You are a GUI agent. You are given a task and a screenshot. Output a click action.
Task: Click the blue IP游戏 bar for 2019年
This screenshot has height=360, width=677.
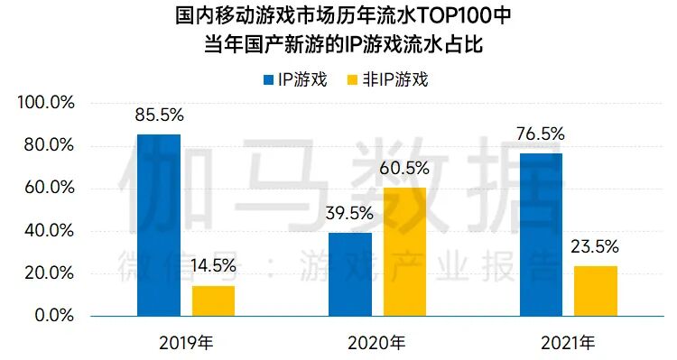pos(159,225)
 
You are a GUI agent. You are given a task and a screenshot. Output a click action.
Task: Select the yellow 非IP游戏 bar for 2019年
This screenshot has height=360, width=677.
pos(213,300)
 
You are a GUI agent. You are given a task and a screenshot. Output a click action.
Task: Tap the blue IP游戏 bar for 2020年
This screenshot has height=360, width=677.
pos(350,274)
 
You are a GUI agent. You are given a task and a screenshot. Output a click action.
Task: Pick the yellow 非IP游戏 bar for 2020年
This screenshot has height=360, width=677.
pos(404,252)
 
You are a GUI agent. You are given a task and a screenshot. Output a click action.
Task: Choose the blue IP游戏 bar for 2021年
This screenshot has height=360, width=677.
pos(542,235)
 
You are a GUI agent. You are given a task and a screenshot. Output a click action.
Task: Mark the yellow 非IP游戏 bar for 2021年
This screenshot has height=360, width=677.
pos(596,291)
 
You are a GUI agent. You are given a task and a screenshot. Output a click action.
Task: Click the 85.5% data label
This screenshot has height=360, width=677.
pos(159,115)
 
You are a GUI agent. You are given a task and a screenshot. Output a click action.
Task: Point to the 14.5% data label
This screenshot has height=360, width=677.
pos(213,266)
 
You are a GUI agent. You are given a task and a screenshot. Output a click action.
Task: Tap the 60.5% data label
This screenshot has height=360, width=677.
pos(404,169)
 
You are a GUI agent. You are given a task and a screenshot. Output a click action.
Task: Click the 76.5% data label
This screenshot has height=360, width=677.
pos(542,134)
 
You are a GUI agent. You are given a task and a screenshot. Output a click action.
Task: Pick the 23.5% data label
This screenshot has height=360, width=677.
pos(596,246)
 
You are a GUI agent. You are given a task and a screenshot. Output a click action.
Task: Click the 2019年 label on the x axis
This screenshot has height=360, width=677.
pos(186,343)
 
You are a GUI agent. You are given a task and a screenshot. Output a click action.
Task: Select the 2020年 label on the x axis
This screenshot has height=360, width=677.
pos(377,343)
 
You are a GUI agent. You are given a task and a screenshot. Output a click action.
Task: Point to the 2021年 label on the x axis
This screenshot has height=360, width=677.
pos(569,343)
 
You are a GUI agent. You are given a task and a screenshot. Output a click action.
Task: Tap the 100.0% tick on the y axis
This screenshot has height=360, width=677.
pos(45,103)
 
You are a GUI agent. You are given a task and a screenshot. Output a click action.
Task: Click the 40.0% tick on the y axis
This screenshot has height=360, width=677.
pos(49,231)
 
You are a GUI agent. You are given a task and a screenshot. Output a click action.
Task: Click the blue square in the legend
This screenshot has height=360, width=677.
pos(269,79)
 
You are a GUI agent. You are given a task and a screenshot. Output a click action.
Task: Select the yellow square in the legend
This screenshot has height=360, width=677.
pos(353,79)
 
